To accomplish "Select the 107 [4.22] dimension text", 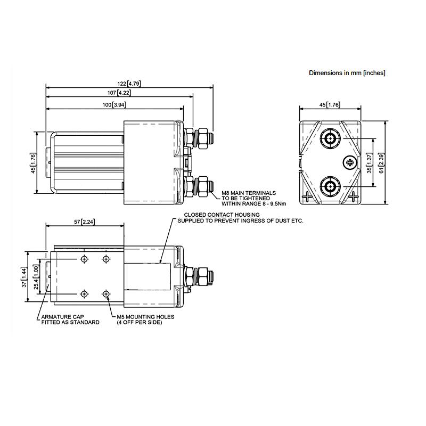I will tap(120, 93).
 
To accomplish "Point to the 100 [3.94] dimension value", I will tap(115, 105).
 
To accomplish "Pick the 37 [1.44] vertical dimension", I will tap(24, 276).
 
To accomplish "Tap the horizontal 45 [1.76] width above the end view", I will tap(330, 105).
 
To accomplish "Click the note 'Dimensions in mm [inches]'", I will tap(347, 73).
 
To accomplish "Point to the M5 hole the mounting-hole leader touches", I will tap(106, 294).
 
